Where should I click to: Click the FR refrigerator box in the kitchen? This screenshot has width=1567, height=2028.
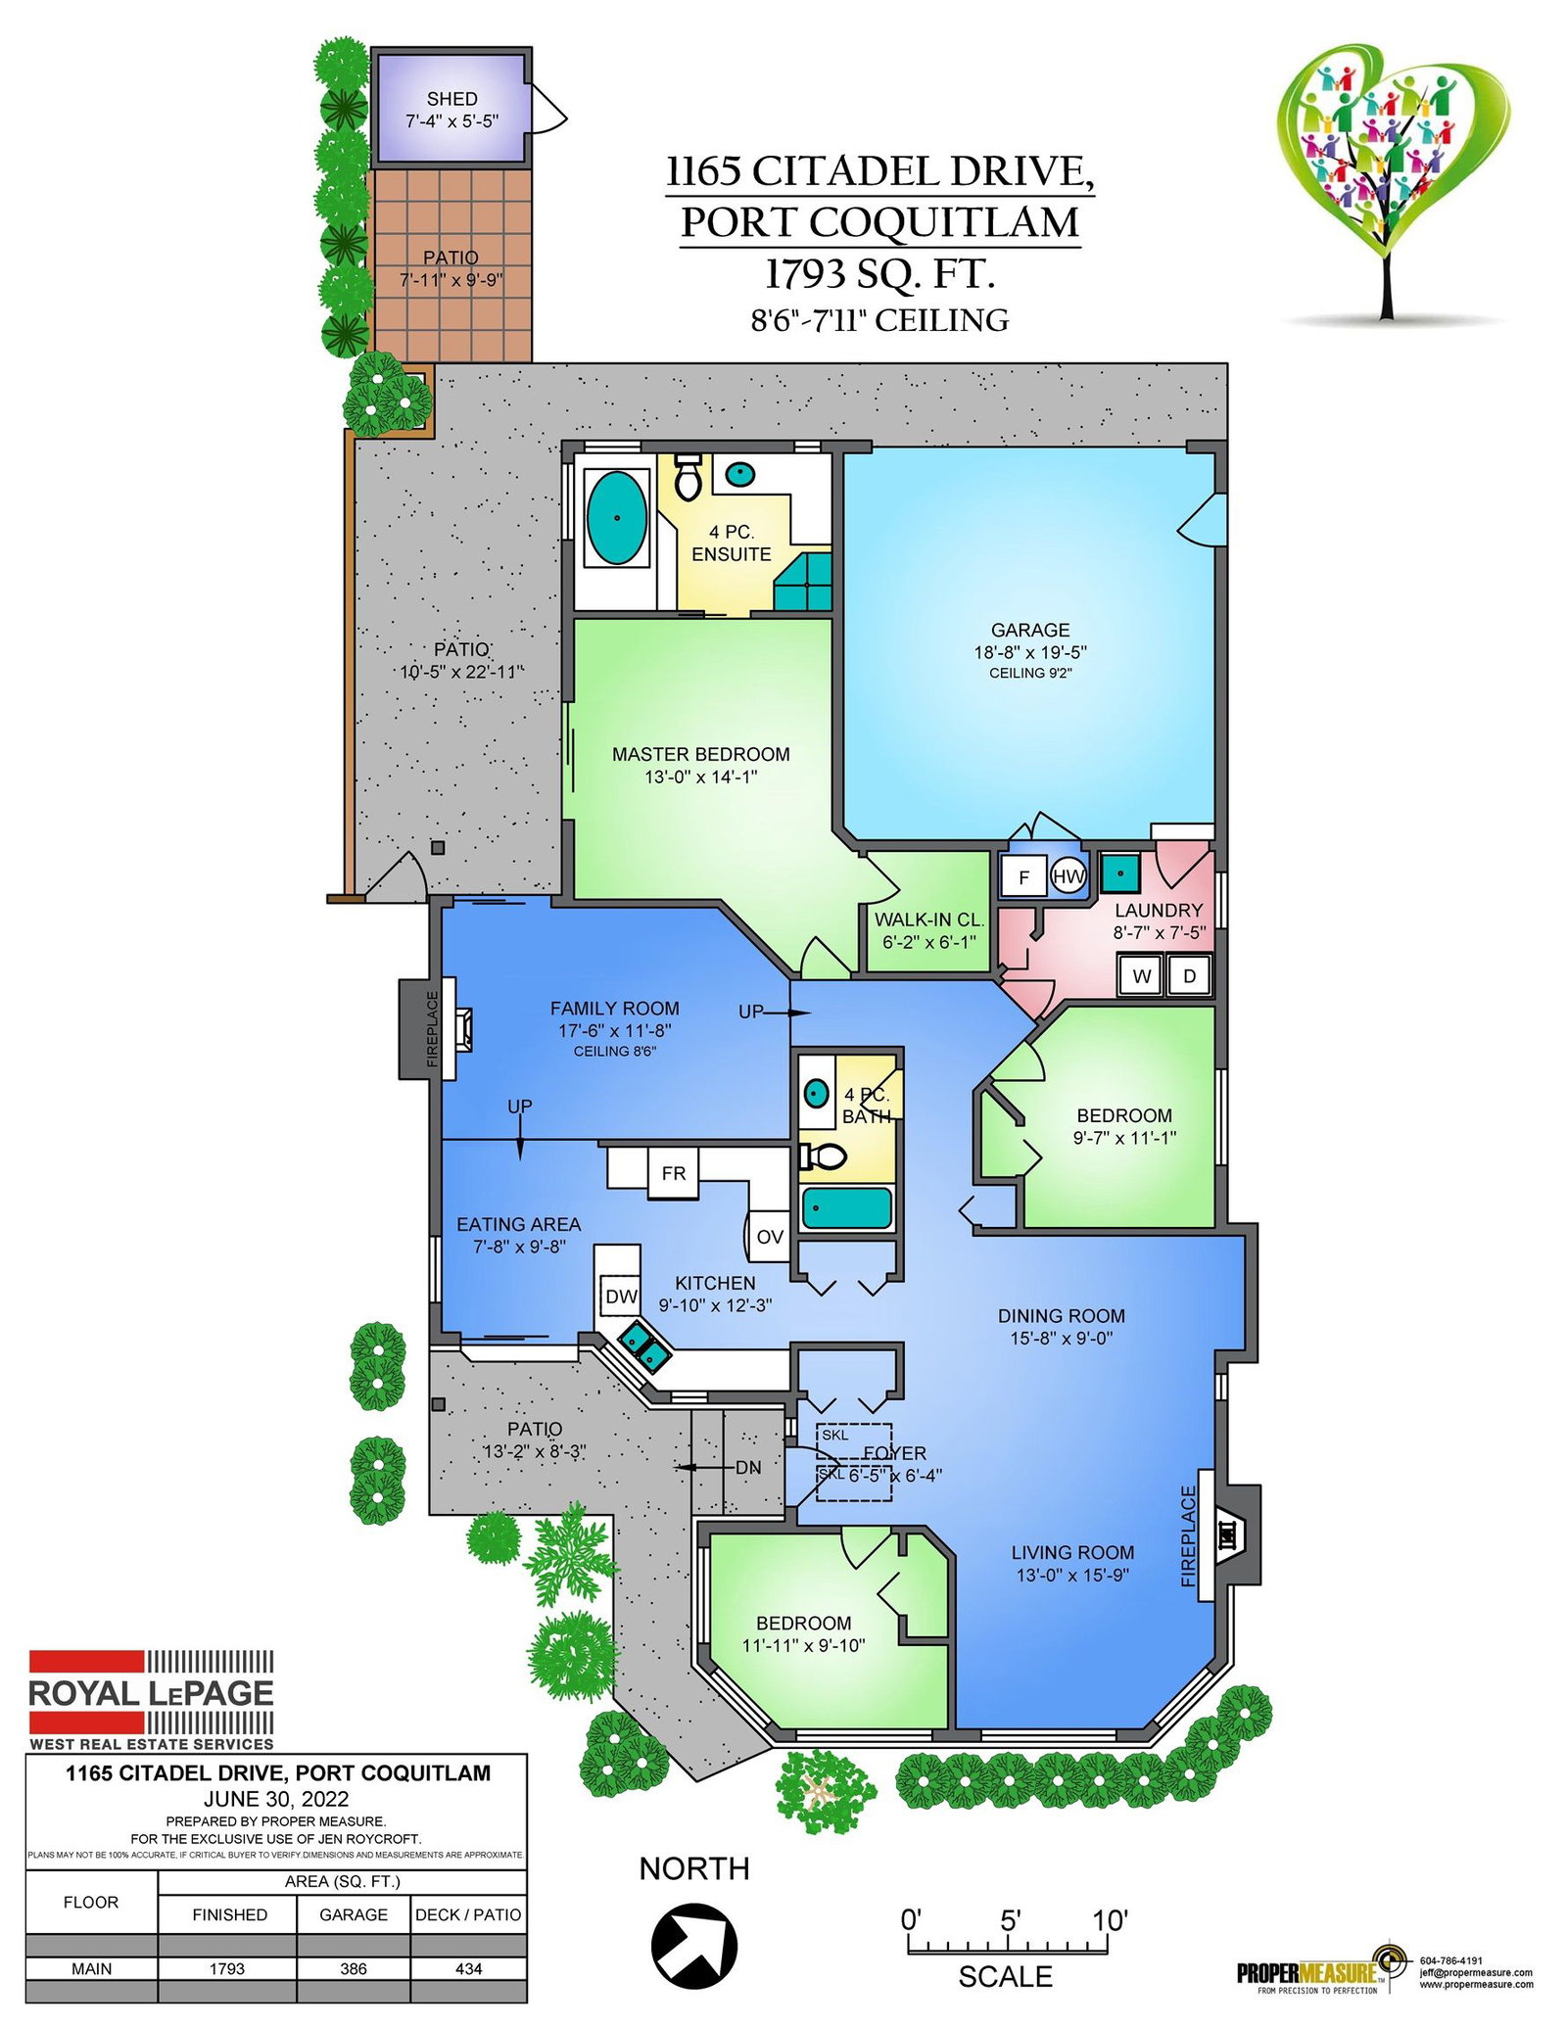(x=673, y=1172)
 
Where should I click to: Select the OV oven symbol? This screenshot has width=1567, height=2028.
(x=768, y=1236)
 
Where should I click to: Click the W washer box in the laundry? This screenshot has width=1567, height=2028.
(x=1141, y=975)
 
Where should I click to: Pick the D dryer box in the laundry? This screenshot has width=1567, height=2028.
(x=1189, y=975)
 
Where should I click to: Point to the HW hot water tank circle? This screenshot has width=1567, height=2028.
(x=1068, y=875)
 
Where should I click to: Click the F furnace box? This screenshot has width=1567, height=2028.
(x=1023, y=876)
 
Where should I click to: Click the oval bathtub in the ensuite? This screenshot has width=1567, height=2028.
(x=616, y=518)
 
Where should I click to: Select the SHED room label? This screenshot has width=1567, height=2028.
(x=451, y=99)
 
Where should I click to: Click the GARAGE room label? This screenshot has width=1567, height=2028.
(x=1030, y=630)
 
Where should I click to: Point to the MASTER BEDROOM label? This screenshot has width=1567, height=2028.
(x=701, y=754)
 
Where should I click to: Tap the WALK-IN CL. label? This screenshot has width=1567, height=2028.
(x=928, y=920)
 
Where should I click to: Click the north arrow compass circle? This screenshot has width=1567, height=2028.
(x=694, y=1947)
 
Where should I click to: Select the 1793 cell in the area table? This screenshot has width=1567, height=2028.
(x=227, y=1968)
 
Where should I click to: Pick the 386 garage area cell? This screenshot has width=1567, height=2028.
(x=354, y=1968)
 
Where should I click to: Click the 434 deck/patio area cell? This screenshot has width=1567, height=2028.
(x=469, y=1968)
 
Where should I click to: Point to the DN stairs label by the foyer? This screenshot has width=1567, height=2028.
(x=748, y=1468)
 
